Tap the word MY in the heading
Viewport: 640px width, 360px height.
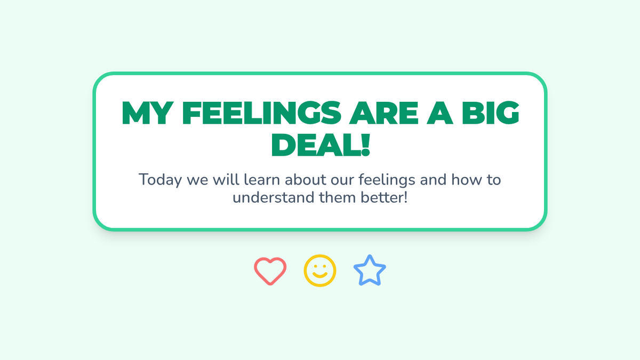(148, 113)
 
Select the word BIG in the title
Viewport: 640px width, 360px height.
(491, 113)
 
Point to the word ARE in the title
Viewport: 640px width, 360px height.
(383, 113)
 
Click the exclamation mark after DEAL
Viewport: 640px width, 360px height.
(365, 145)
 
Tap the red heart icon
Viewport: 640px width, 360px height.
(270, 271)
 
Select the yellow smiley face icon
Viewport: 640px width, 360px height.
(319, 270)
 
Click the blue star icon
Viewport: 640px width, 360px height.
(370, 270)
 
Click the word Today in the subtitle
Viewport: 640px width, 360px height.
(160, 180)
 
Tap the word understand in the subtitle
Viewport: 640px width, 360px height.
(274, 197)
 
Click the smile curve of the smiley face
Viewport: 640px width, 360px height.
(319, 275)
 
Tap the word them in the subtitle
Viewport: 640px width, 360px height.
(338, 197)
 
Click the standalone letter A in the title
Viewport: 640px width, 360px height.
(440, 113)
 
